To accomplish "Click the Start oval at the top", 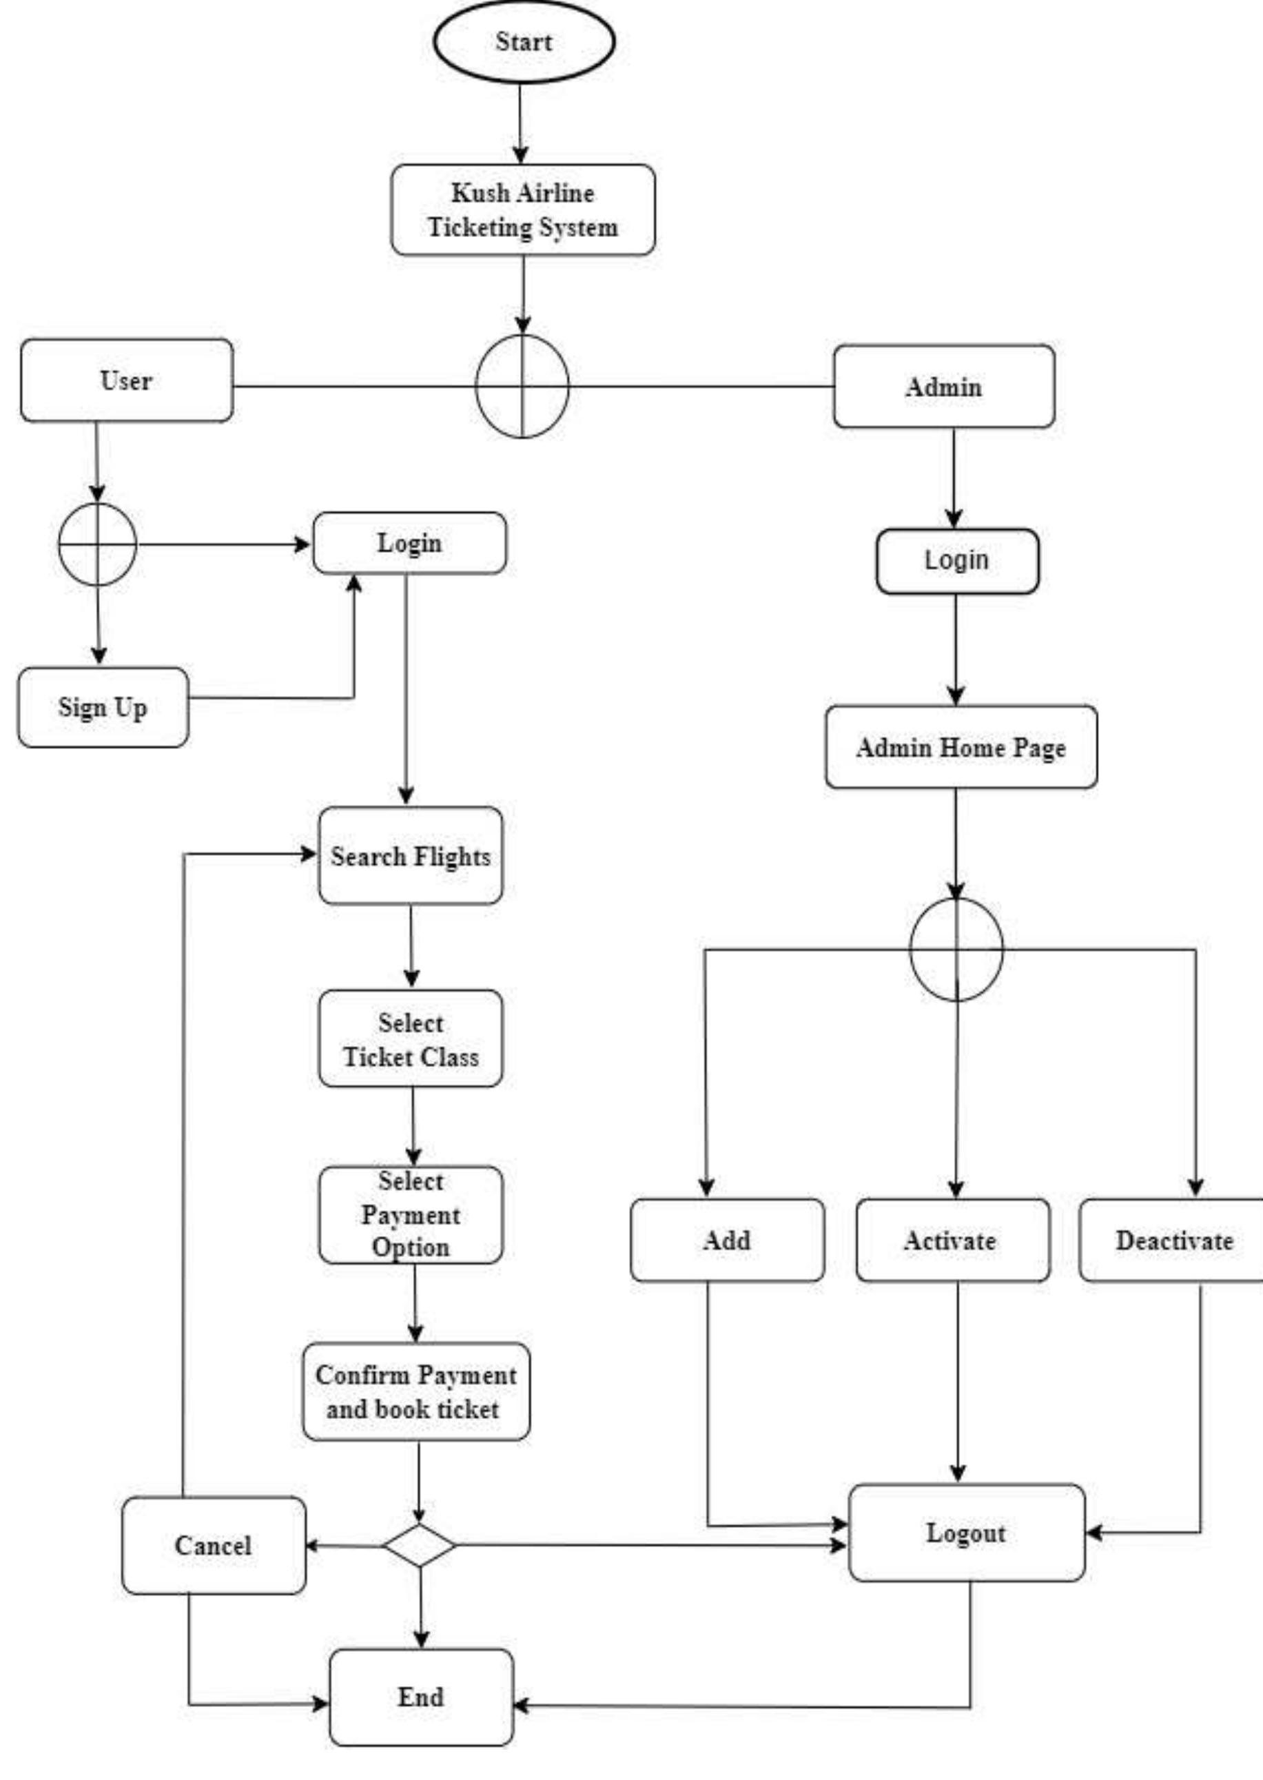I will pos(524,42).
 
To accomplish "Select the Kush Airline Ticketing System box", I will pos(522,210).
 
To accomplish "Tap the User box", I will pos(126,380).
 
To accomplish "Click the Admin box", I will pos(943,387).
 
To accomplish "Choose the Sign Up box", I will pos(103,707).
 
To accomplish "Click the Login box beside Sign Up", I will pos(409,543).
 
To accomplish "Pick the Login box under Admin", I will pos(956,561).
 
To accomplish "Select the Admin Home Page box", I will pos(961,746).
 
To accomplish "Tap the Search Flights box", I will pos(410,855).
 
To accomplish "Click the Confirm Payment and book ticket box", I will pos(415,1391).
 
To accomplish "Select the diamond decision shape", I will pos(419,1545).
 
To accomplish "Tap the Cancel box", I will pos(213,1545).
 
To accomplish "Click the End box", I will pos(421,1697).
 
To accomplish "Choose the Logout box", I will pos(966,1533).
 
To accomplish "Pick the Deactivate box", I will pos(1173,1240).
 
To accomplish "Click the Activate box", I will pos(952,1240).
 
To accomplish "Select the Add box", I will pos(726,1240).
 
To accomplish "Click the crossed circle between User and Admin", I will pos(522,386).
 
